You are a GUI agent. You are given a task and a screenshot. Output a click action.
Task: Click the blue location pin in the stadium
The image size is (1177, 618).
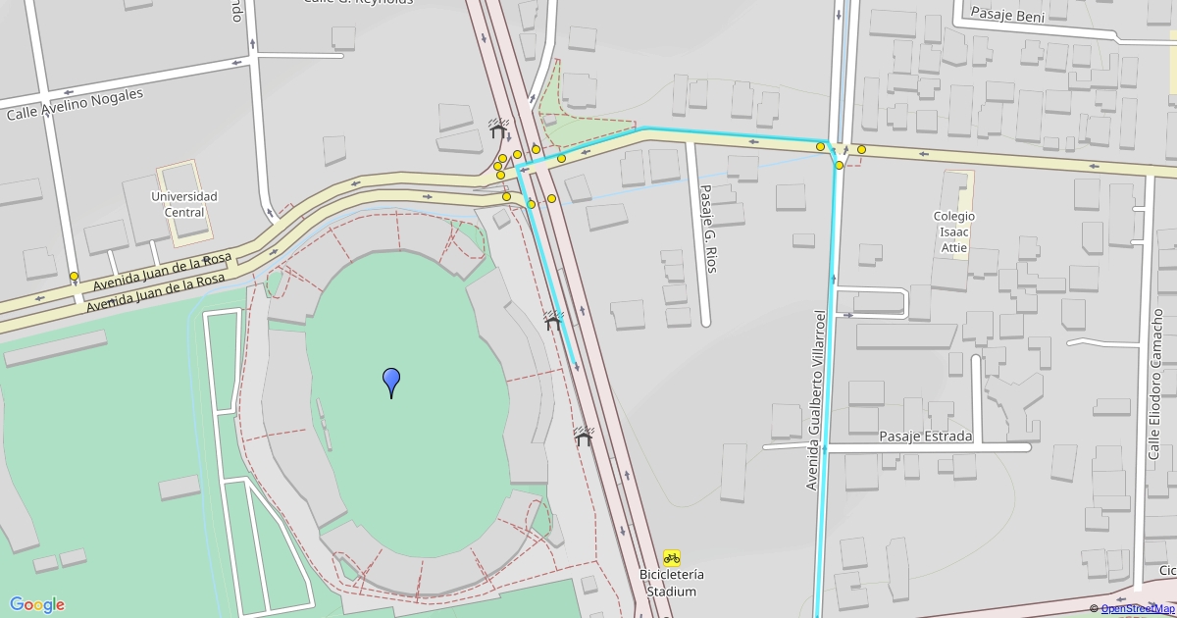pos(391,382)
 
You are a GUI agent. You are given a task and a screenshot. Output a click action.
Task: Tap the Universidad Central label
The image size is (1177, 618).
pos(184,204)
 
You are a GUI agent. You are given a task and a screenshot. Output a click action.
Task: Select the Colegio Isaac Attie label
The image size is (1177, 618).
pos(954,232)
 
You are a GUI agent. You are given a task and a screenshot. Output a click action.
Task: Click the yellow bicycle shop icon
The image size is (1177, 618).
pos(672,557)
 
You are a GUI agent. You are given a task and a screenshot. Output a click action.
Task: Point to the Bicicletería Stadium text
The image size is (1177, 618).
pos(672,583)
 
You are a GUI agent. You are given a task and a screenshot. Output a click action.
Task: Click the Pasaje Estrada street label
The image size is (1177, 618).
pos(925,437)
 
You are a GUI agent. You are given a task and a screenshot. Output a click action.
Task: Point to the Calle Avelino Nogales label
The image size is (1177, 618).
pos(75,105)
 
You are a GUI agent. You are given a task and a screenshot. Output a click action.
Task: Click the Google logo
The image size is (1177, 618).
pos(37,604)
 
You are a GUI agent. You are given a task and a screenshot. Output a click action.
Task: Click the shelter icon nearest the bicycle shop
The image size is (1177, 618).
pos(585,437)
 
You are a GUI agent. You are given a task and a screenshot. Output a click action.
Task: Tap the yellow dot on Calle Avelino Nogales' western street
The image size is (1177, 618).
pos(74,277)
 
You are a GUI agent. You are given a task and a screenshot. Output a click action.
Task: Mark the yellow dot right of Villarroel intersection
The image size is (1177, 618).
pos(861,150)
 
